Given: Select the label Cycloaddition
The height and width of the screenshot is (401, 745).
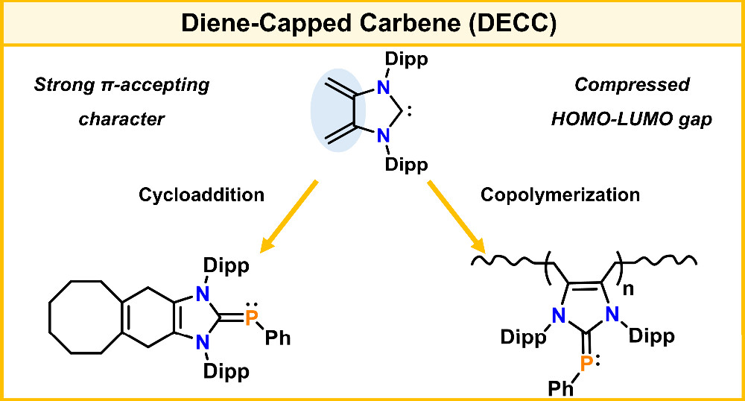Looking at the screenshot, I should point(201,195).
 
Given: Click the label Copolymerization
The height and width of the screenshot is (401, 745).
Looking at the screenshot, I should point(560,195).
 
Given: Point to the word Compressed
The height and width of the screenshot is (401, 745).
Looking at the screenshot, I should point(632,84).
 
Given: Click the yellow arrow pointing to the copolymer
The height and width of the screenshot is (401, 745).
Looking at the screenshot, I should point(457,216).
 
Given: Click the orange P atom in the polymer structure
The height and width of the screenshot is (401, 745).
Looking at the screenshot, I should point(587,362).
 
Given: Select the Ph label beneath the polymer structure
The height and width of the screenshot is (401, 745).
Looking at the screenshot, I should point(560,388).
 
